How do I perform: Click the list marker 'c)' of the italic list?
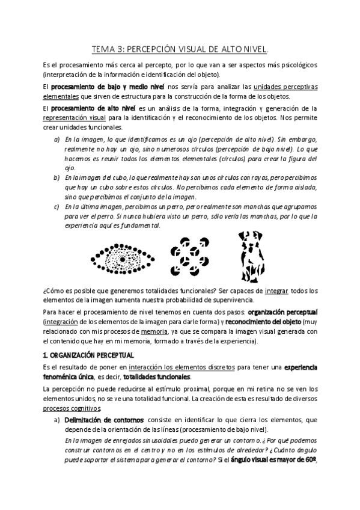click(x=56, y=206)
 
